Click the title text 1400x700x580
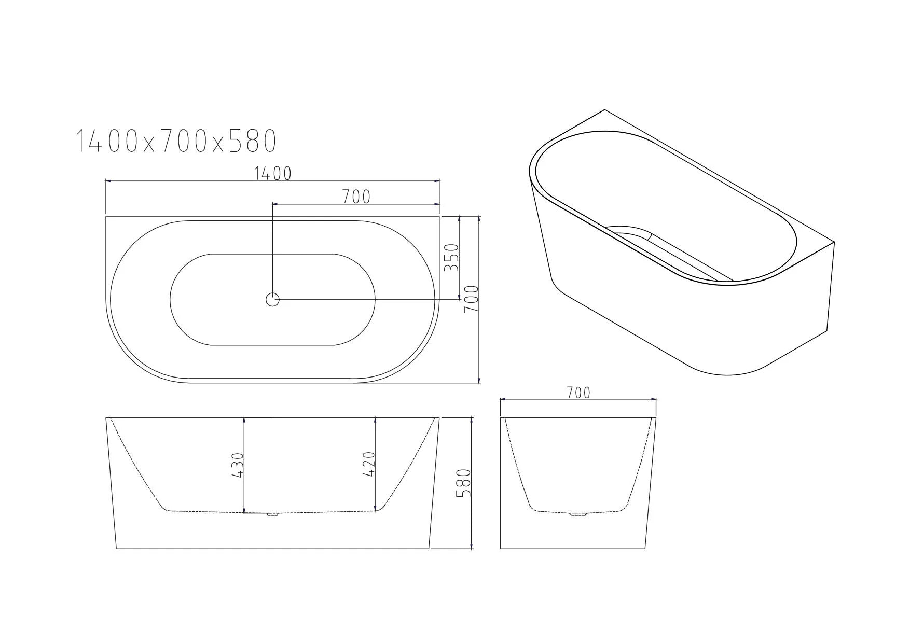click(176, 141)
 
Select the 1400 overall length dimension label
click(273, 174)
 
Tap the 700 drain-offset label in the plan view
click(356, 197)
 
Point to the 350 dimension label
click(452, 258)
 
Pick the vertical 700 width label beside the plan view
click(471, 299)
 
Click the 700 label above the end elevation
click(578, 393)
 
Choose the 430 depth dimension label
click(237, 465)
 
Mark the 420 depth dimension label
click(368, 465)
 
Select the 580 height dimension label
click(463, 483)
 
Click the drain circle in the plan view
click(272, 299)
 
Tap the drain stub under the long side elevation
click(272, 514)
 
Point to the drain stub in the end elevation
click(578, 514)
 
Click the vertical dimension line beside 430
click(244, 465)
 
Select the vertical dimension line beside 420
click(376, 465)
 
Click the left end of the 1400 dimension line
click(107, 181)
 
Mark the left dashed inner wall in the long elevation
click(137, 465)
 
